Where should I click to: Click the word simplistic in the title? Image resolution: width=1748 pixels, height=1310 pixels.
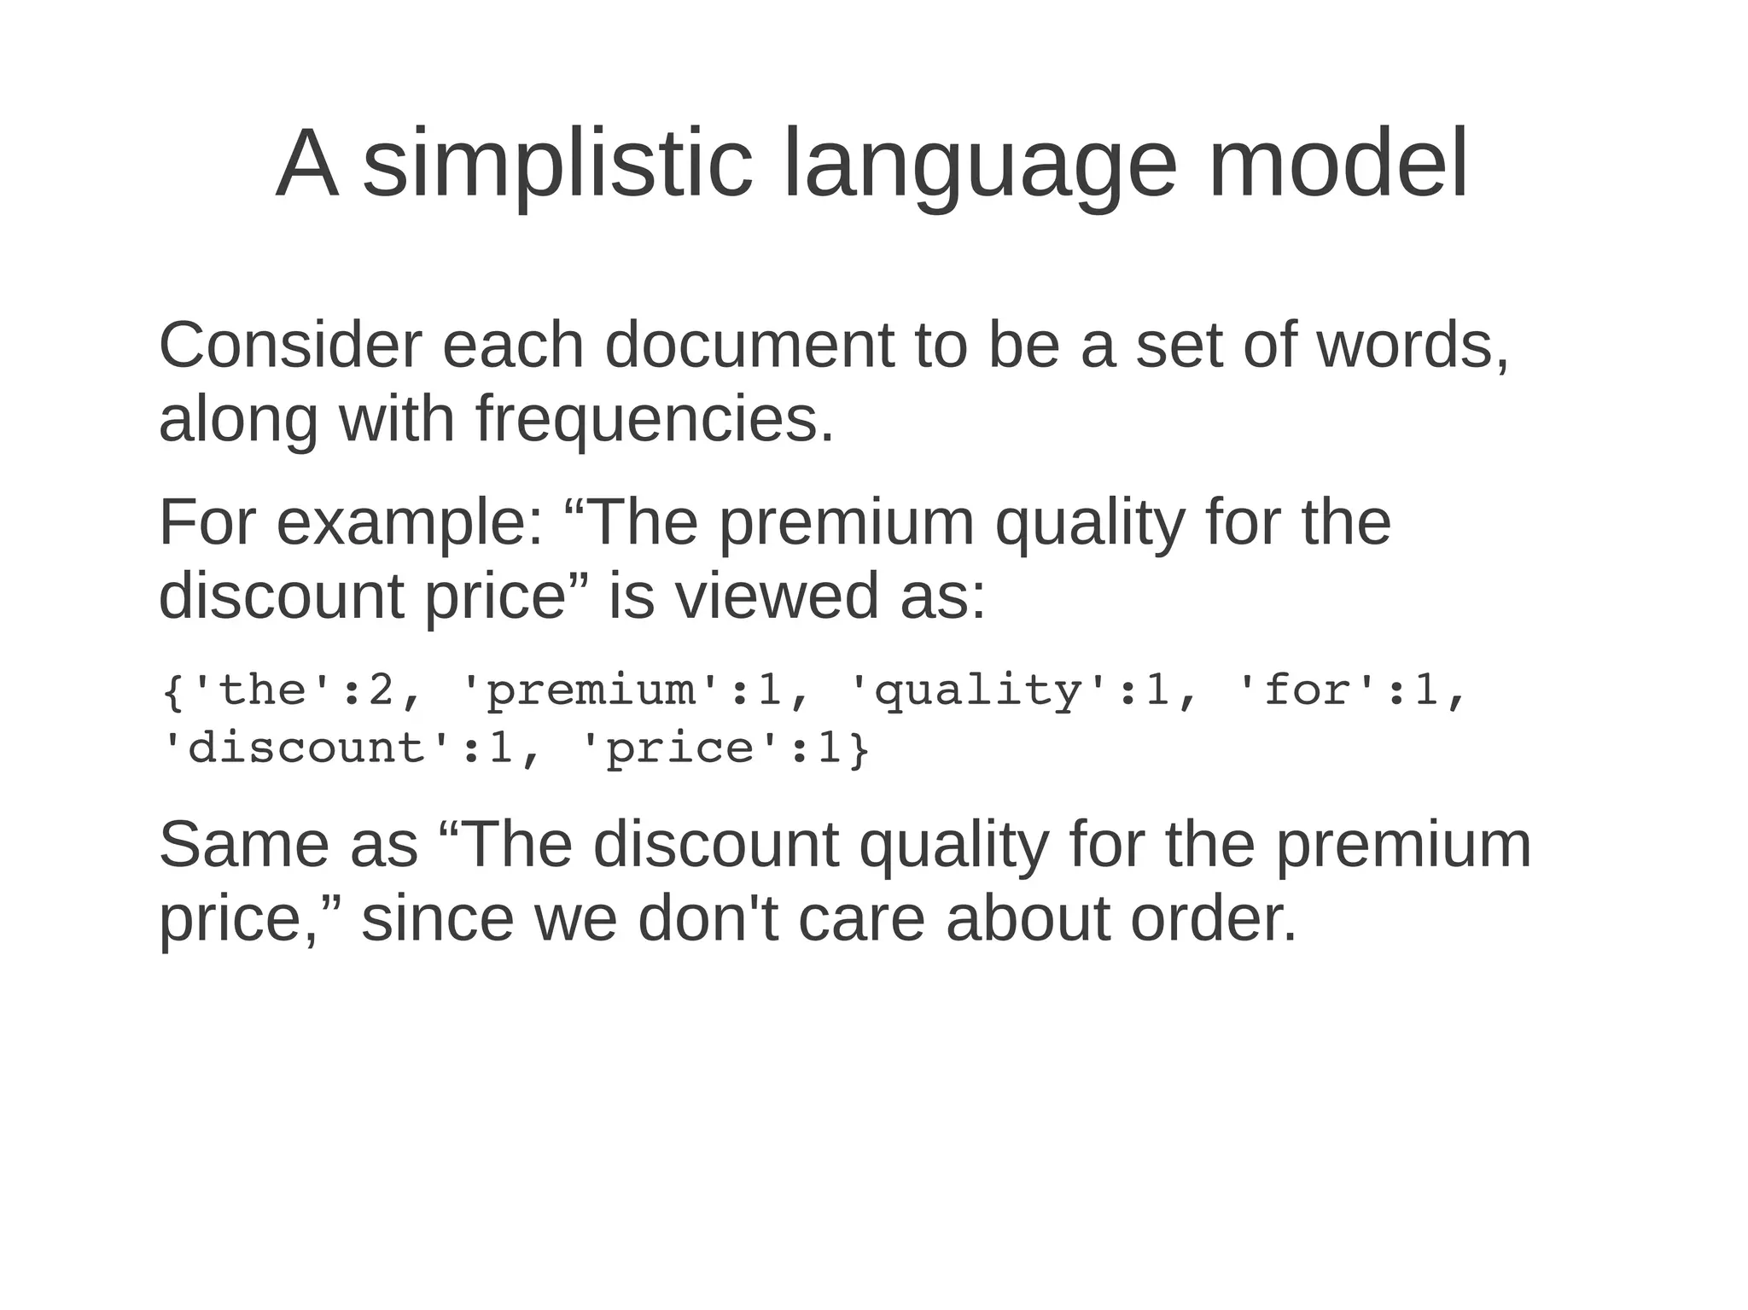pos(558,164)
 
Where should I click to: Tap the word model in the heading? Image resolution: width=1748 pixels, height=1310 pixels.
pos(1337,164)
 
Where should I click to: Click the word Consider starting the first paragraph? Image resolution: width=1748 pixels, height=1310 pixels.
pos(290,346)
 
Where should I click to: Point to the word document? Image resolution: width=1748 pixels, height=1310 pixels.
pos(749,346)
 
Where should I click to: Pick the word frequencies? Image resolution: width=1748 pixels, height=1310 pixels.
pos(654,420)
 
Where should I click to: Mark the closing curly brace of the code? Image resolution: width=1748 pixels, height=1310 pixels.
pos(859,749)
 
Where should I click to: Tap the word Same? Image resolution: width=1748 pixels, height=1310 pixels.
pos(244,845)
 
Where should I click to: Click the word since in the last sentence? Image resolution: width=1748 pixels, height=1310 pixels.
pos(437,919)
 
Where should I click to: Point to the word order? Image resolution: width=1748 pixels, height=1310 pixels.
pos(1213,919)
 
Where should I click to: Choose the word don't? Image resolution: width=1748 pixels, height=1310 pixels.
pos(708,919)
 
